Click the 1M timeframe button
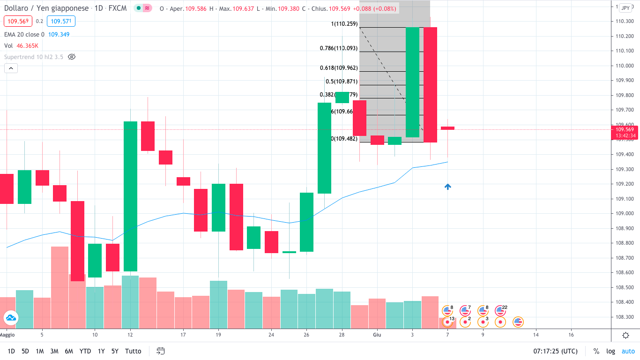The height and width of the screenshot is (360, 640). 40,351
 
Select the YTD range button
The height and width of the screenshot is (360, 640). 85,351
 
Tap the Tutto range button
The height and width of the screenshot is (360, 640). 133,351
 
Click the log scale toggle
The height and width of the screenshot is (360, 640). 610,351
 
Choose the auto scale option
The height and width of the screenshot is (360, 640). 628,351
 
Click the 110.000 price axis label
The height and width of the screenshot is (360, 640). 625,66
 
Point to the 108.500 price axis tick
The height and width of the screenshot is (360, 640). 625,287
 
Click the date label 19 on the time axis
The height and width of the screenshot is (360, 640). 218,335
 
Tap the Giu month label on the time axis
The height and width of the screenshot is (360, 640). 377,335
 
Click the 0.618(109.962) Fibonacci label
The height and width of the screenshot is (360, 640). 339,67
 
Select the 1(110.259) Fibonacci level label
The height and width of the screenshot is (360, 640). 344,24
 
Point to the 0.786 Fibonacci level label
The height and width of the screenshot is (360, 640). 339,48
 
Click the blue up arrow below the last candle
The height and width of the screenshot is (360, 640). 448,187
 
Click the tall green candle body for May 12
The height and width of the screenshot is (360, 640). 130,196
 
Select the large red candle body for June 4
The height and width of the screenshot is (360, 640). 430,84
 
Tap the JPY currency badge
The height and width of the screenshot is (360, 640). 625,8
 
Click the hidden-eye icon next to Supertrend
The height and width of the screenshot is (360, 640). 72,57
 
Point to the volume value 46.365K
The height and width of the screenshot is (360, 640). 28,45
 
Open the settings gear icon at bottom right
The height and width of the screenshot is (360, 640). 625,335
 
